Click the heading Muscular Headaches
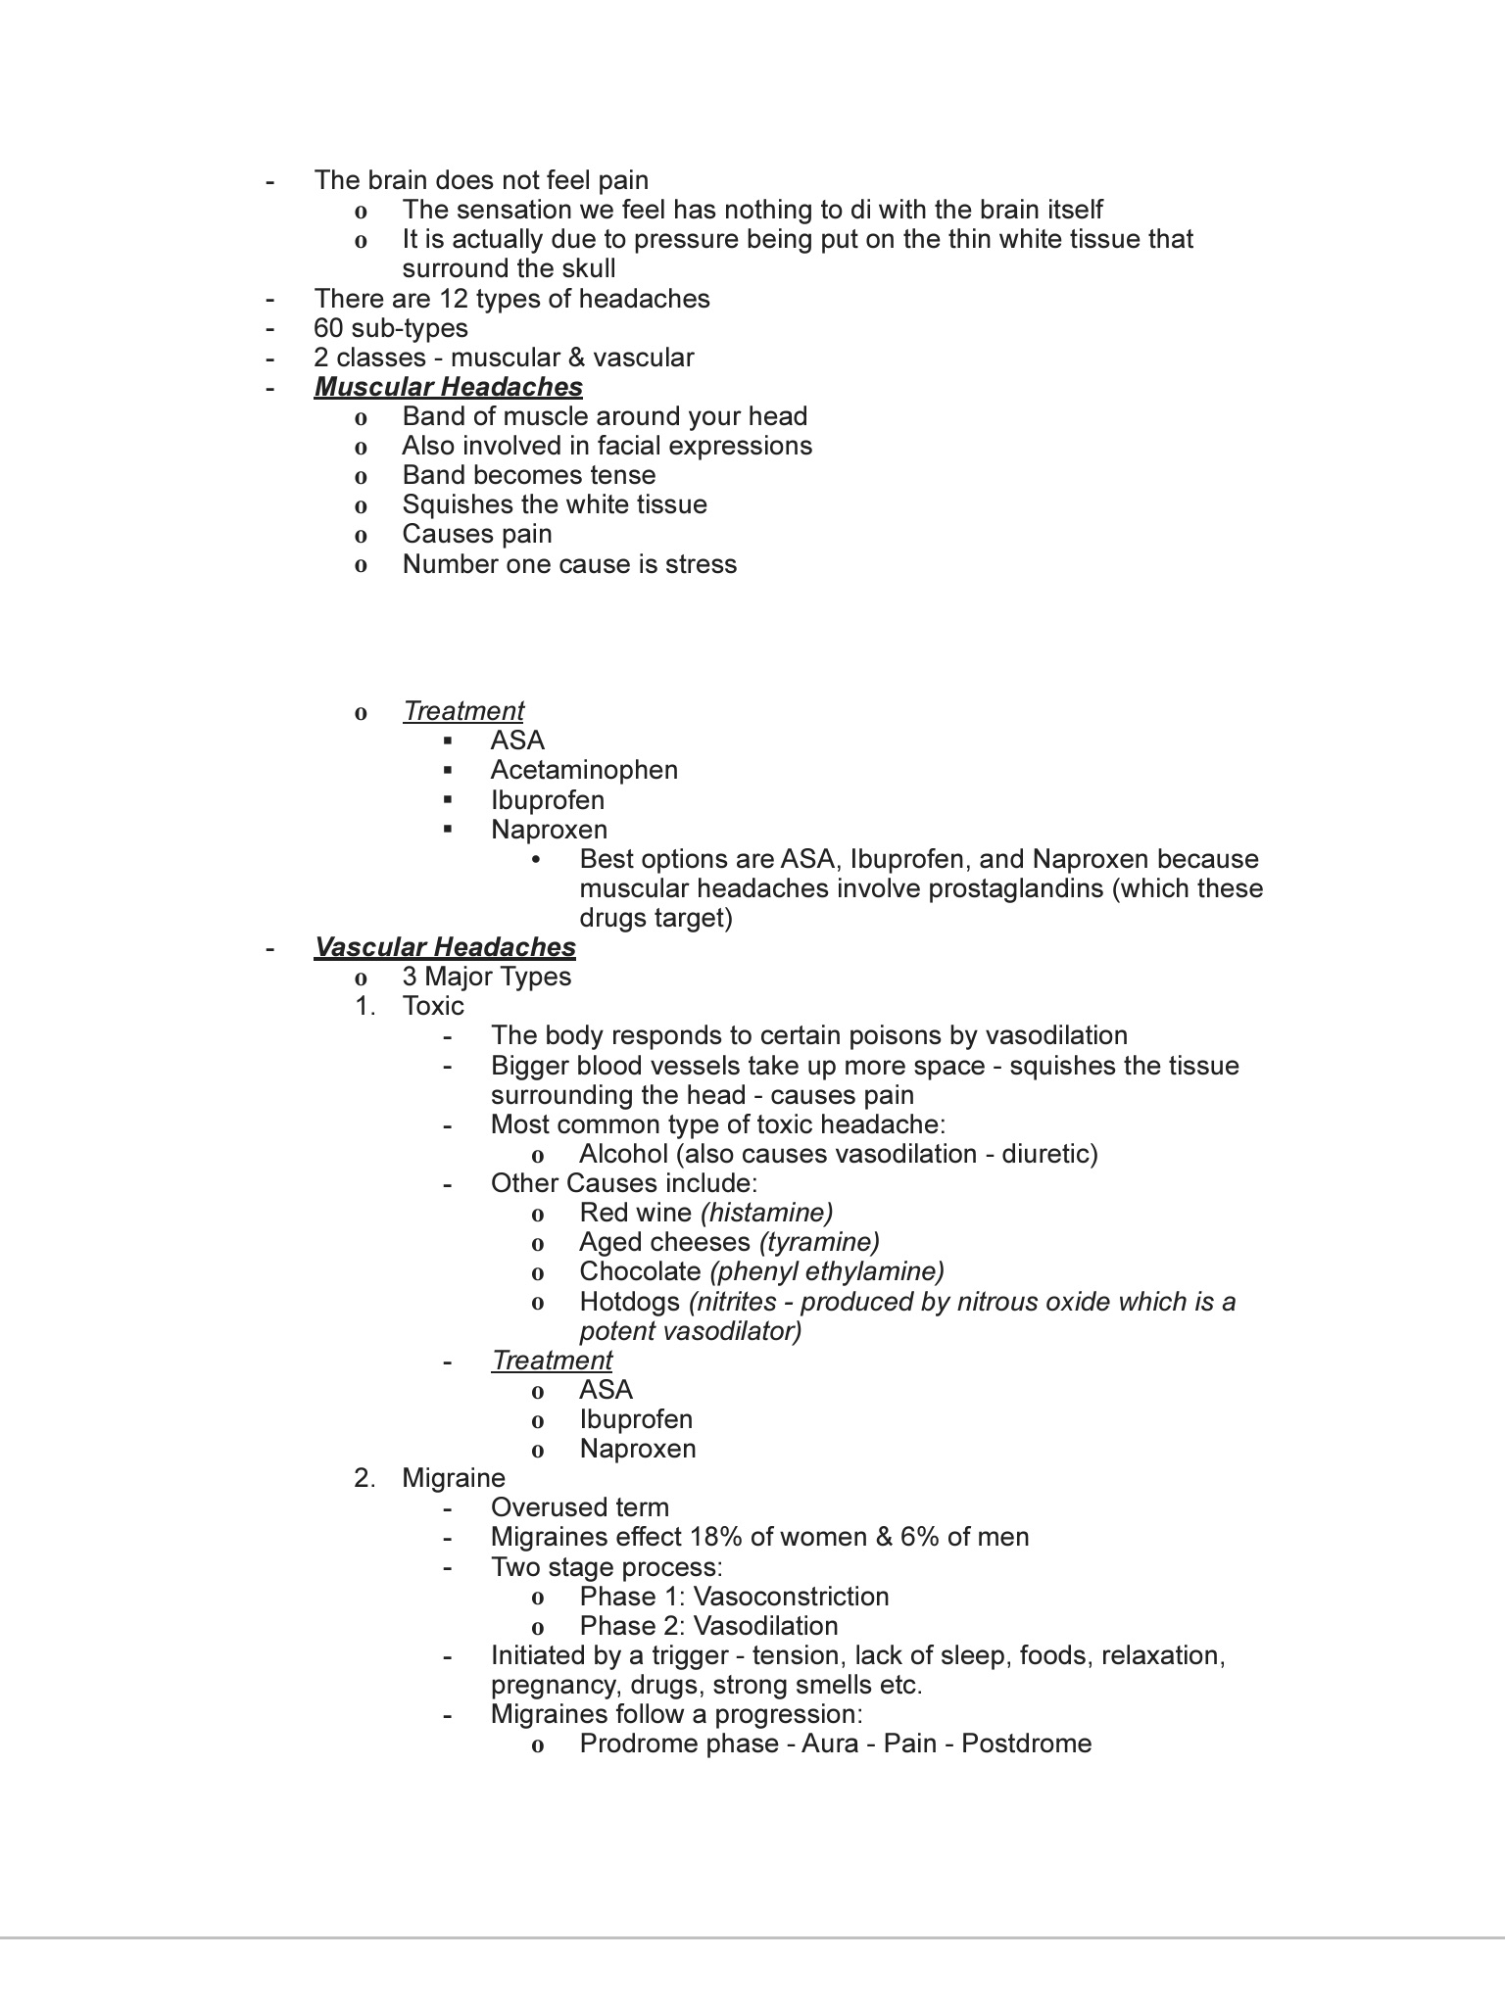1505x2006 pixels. coord(448,387)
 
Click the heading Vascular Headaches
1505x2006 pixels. coord(444,947)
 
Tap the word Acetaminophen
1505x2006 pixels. coord(584,770)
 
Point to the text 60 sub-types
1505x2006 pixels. coord(390,328)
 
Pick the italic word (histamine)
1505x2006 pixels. coord(766,1213)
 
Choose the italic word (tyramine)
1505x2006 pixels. coord(819,1242)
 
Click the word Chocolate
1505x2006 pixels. coord(640,1271)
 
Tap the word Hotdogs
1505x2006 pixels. coord(629,1302)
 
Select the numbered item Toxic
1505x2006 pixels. coord(432,1006)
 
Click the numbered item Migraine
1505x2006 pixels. coord(453,1478)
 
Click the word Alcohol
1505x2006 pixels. coord(623,1154)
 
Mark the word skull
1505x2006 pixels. coord(585,269)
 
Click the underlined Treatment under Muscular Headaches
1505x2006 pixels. coord(462,711)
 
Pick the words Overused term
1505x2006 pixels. coord(579,1507)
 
